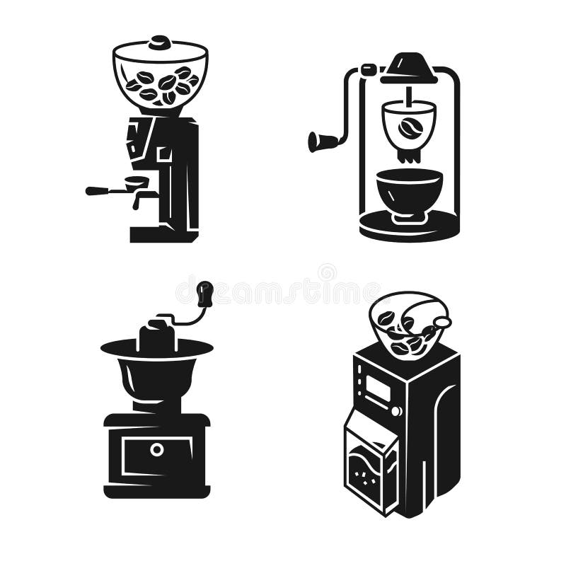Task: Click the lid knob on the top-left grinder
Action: [160, 42]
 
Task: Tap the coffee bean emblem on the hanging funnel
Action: [408, 127]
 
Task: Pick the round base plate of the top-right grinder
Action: [409, 228]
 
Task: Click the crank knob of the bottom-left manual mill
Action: [205, 292]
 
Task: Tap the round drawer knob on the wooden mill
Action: [156, 449]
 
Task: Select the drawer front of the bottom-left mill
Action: [156, 456]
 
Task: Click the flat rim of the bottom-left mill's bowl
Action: [156, 347]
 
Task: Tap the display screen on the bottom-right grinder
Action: [378, 388]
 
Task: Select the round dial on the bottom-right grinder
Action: [396, 410]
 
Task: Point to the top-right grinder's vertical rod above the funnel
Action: [410, 91]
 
